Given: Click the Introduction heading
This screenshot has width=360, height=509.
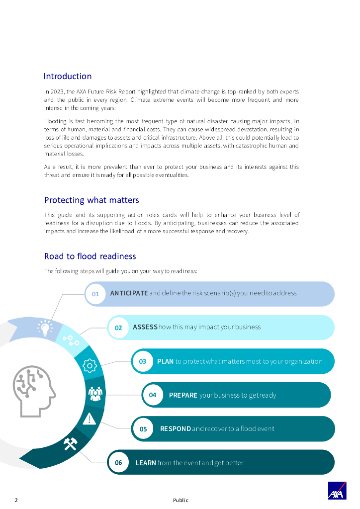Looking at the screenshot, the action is pyautogui.click(x=68, y=77).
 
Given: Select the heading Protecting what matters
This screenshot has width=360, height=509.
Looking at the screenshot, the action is pyautogui.click(x=91, y=200).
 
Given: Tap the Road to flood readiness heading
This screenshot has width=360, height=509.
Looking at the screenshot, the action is pyautogui.click(x=90, y=256).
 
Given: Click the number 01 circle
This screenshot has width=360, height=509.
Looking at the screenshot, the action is pyautogui.click(x=95, y=294).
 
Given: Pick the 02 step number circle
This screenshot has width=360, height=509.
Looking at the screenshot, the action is pyautogui.click(x=118, y=328).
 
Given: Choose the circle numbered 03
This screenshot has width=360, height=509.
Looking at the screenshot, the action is pyautogui.click(x=143, y=361).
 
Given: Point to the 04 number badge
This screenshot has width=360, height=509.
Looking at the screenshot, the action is pyautogui.click(x=153, y=395).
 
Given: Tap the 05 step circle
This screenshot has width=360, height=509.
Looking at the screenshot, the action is pyautogui.click(x=143, y=428).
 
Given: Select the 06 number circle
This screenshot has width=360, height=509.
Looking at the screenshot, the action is pyautogui.click(x=118, y=463).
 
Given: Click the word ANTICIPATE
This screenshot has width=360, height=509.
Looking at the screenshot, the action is pyautogui.click(x=129, y=293).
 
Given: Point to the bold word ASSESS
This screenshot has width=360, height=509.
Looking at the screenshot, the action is pyautogui.click(x=145, y=327).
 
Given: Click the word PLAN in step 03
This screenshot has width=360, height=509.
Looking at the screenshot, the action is pyautogui.click(x=165, y=361).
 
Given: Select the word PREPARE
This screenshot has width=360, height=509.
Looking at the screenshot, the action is pyautogui.click(x=183, y=395).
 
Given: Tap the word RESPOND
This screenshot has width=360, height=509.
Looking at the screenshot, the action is pyautogui.click(x=175, y=428).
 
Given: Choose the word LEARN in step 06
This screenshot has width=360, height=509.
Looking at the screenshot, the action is pyautogui.click(x=146, y=463).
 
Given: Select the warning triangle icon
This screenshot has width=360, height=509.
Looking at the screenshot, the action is pyautogui.click(x=90, y=419).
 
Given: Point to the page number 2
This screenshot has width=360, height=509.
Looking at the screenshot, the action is pyautogui.click(x=16, y=500).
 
